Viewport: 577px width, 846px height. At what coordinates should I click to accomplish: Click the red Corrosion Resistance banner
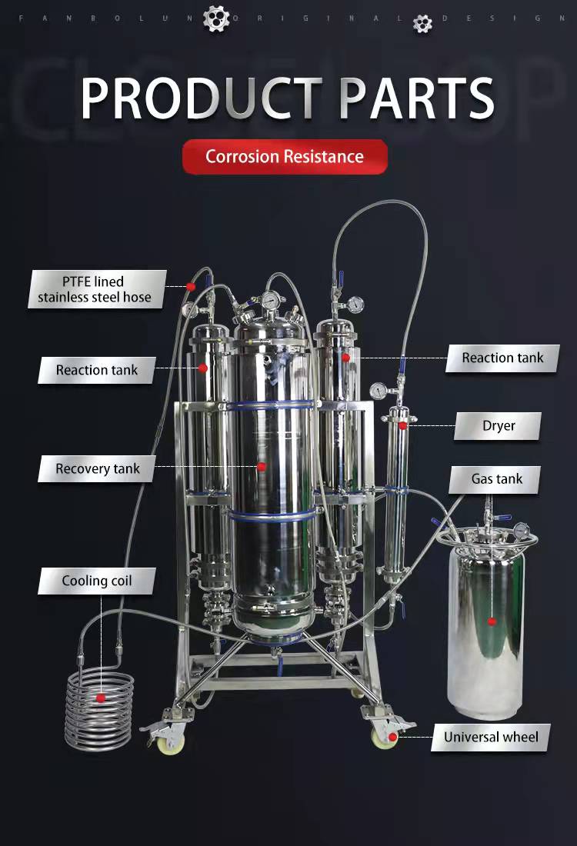(x=285, y=156)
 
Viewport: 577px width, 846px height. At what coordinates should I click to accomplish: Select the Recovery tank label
(x=97, y=468)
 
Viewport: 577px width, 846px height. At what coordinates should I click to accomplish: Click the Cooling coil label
(x=97, y=581)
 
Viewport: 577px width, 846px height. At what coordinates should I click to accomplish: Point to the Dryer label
(x=498, y=426)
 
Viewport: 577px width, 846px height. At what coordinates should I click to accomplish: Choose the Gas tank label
(x=495, y=479)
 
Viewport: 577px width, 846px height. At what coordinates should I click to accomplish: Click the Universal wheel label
(x=491, y=737)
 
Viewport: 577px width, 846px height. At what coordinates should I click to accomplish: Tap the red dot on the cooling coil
(x=100, y=698)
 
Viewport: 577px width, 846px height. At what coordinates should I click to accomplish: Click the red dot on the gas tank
(x=492, y=621)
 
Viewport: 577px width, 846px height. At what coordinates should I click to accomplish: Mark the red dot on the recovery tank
(x=262, y=467)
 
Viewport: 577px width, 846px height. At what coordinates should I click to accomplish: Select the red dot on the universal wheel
(x=393, y=737)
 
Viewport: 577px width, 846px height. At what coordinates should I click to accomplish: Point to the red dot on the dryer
(x=402, y=426)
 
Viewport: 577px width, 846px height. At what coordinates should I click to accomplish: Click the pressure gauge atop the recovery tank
(x=271, y=298)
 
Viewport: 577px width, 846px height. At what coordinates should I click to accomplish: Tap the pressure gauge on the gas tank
(x=521, y=530)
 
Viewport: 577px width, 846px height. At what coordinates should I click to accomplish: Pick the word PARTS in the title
(x=417, y=98)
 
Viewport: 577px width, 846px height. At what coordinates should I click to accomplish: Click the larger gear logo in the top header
(x=216, y=18)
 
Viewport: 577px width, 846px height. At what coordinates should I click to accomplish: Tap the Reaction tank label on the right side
(x=502, y=358)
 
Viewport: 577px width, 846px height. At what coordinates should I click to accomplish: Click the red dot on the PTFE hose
(x=191, y=287)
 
